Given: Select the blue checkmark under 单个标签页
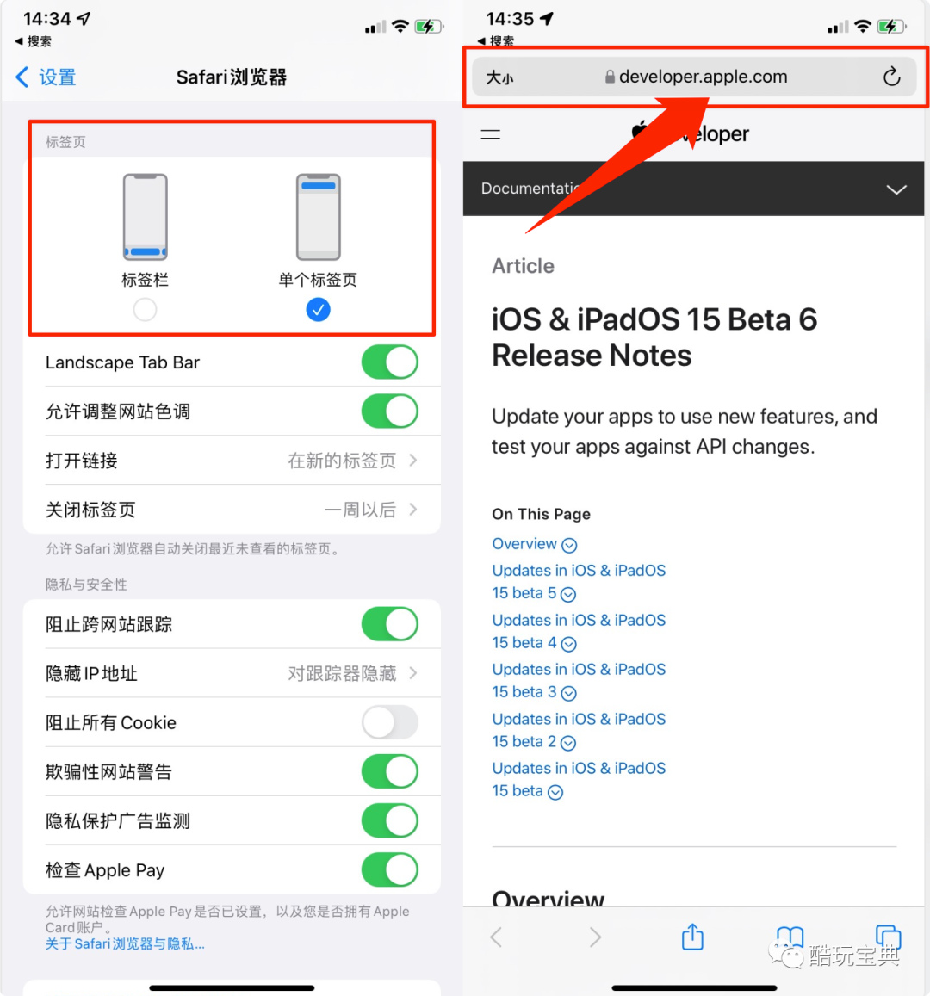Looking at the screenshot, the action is coord(318,310).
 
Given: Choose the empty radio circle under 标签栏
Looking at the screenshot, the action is coord(145,310).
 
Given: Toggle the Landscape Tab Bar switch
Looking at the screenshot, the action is coord(389,362).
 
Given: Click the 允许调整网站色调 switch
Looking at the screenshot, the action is coord(389,411).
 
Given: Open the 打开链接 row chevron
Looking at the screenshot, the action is coord(413,460).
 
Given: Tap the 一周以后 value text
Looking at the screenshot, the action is coord(360,510).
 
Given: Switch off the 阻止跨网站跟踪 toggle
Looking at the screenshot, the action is coord(389,624).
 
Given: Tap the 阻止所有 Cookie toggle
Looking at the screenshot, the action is coord(389,722).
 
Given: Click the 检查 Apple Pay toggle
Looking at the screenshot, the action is coord(389,869).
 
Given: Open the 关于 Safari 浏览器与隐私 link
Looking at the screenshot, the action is coord(125,943).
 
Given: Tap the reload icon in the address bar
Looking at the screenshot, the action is coord(892,77).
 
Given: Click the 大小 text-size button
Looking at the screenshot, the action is coord(499,78).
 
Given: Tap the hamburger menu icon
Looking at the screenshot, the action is coord(491,134).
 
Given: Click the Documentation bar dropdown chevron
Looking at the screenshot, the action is coord(896,189).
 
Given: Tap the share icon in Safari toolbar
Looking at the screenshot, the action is coord(692,937).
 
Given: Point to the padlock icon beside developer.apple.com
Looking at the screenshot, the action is coord(610,77).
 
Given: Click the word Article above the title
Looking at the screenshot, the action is coord(523,265).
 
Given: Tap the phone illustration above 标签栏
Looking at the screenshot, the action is coord(146,217).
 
